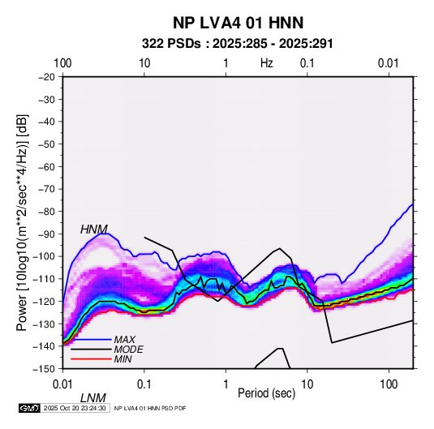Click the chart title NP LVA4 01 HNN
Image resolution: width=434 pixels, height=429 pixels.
[x=238, y=23]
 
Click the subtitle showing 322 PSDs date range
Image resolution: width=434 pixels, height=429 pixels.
[x=237, y=44]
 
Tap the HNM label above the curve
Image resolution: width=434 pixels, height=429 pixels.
[x=94, y=230]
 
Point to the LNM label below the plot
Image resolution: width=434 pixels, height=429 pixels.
[x=93, y=398]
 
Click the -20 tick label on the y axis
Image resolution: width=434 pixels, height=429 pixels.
[x=46, y=77]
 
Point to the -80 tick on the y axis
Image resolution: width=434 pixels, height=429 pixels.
[x=46, y=212]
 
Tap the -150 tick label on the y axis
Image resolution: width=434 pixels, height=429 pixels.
[x=44, y=369]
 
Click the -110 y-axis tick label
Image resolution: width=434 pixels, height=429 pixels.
[x=44, y=279]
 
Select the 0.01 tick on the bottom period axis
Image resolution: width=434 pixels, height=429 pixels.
[x=62, y=384]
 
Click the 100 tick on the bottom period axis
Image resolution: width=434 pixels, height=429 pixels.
[x=389, y=384]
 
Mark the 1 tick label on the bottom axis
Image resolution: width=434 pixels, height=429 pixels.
[x=226, y=384]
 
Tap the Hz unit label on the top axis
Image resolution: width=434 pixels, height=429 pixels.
[x=267, y=63]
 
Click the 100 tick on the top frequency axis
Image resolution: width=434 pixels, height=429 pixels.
[x=62, y=63]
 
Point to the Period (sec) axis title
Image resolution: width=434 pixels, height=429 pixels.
[x=267, y=393]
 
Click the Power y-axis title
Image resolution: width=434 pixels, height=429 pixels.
[x=22, y=222]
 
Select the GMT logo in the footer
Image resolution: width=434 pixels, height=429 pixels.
[x=30, y=408]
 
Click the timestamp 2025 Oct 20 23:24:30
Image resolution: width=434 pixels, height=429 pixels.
[x=75, y=408]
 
